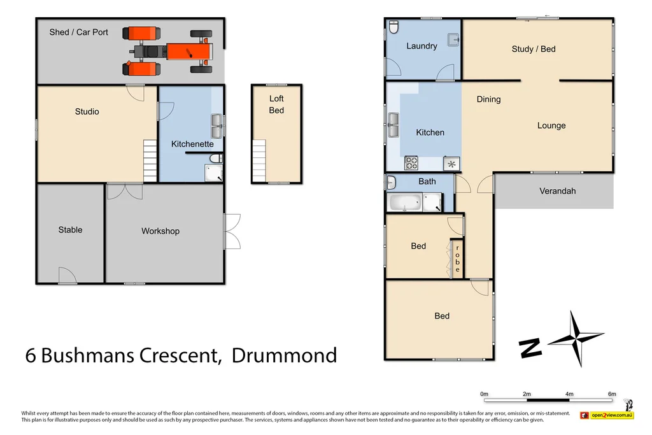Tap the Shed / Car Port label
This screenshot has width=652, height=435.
79,32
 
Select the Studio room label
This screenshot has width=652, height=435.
87,111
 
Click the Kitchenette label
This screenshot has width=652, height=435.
192,144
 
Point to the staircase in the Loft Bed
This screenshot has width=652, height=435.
260,160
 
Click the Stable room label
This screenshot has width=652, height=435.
70,230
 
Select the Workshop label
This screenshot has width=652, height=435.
160,231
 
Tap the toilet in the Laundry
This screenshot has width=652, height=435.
393,27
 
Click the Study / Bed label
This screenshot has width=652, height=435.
534,49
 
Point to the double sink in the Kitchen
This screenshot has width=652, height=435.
393,125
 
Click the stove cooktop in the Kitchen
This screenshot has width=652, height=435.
411,163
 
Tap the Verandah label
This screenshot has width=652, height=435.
557,190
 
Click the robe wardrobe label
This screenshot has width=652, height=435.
457,259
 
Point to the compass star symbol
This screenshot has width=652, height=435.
576,338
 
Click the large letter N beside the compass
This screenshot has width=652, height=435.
530,347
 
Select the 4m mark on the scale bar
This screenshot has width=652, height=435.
569,394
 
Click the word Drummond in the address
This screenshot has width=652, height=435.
284,355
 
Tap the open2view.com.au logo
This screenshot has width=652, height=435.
607,415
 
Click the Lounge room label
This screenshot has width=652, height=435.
551,125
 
